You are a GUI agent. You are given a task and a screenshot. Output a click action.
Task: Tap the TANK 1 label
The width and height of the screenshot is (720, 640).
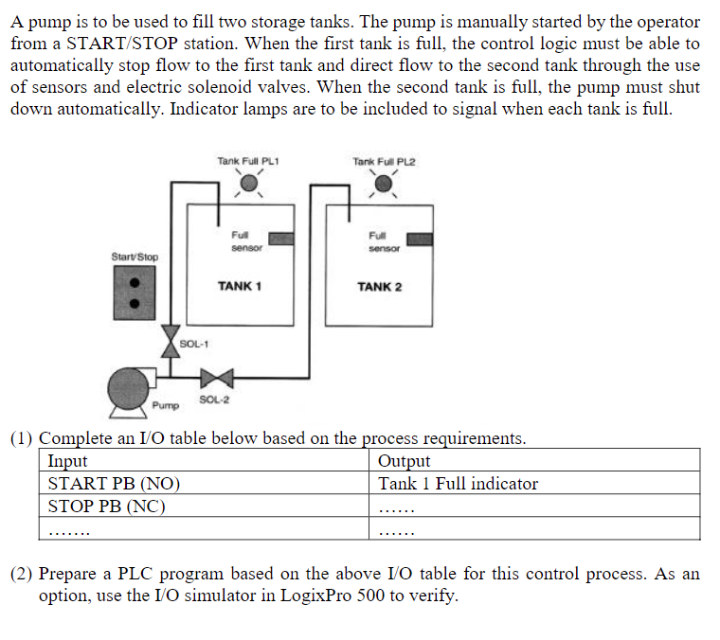click(240, 285)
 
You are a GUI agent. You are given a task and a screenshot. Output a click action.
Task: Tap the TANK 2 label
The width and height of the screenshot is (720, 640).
click(379, 286)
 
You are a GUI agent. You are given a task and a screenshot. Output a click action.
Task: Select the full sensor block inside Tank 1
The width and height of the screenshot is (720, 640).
click(280, 237)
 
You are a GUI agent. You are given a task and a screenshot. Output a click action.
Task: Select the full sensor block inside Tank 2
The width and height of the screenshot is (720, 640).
click(420, 239)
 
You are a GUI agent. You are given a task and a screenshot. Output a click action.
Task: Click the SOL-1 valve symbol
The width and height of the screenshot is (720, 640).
click(169, 337)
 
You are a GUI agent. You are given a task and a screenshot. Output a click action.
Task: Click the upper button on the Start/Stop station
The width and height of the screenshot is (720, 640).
click(135, 282)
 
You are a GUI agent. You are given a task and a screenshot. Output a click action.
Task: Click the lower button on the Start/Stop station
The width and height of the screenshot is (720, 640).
click(135, 304)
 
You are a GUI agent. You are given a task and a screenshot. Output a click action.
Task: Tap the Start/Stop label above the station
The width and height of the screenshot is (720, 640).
click(135, 257)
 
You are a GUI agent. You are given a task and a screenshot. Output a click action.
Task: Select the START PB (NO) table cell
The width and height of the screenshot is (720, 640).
click(114, 484)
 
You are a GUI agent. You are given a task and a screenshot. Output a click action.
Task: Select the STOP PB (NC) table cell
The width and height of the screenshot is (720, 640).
click(106, 506)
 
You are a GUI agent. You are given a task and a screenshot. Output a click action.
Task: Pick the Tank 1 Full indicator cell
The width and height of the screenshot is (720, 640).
click(458, 484)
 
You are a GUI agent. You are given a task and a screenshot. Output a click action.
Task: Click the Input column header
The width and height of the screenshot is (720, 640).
click(67, 461)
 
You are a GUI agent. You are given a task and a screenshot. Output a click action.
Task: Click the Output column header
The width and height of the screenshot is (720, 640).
click(404, 461)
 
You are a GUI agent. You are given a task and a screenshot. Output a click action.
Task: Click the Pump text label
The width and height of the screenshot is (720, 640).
click(165, 406)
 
